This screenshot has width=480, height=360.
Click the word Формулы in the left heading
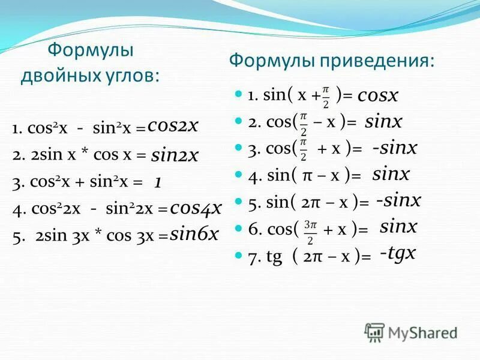[x=91, y=50]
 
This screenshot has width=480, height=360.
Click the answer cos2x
[x=173, y=125]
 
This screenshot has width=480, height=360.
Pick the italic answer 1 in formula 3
[x=157, y=182]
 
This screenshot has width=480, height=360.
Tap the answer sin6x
[x=194, y=235]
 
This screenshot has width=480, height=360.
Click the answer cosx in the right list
[x=378, y=95]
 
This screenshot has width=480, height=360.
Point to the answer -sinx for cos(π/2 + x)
[x=394, y=148]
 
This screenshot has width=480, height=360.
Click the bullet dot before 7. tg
[x=238, y=254]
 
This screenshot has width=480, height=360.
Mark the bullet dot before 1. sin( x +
[x=238, y=94]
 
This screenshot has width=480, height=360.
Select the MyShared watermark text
[x=422, y=333]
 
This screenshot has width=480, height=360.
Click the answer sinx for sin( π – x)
[x=391, y=175]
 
